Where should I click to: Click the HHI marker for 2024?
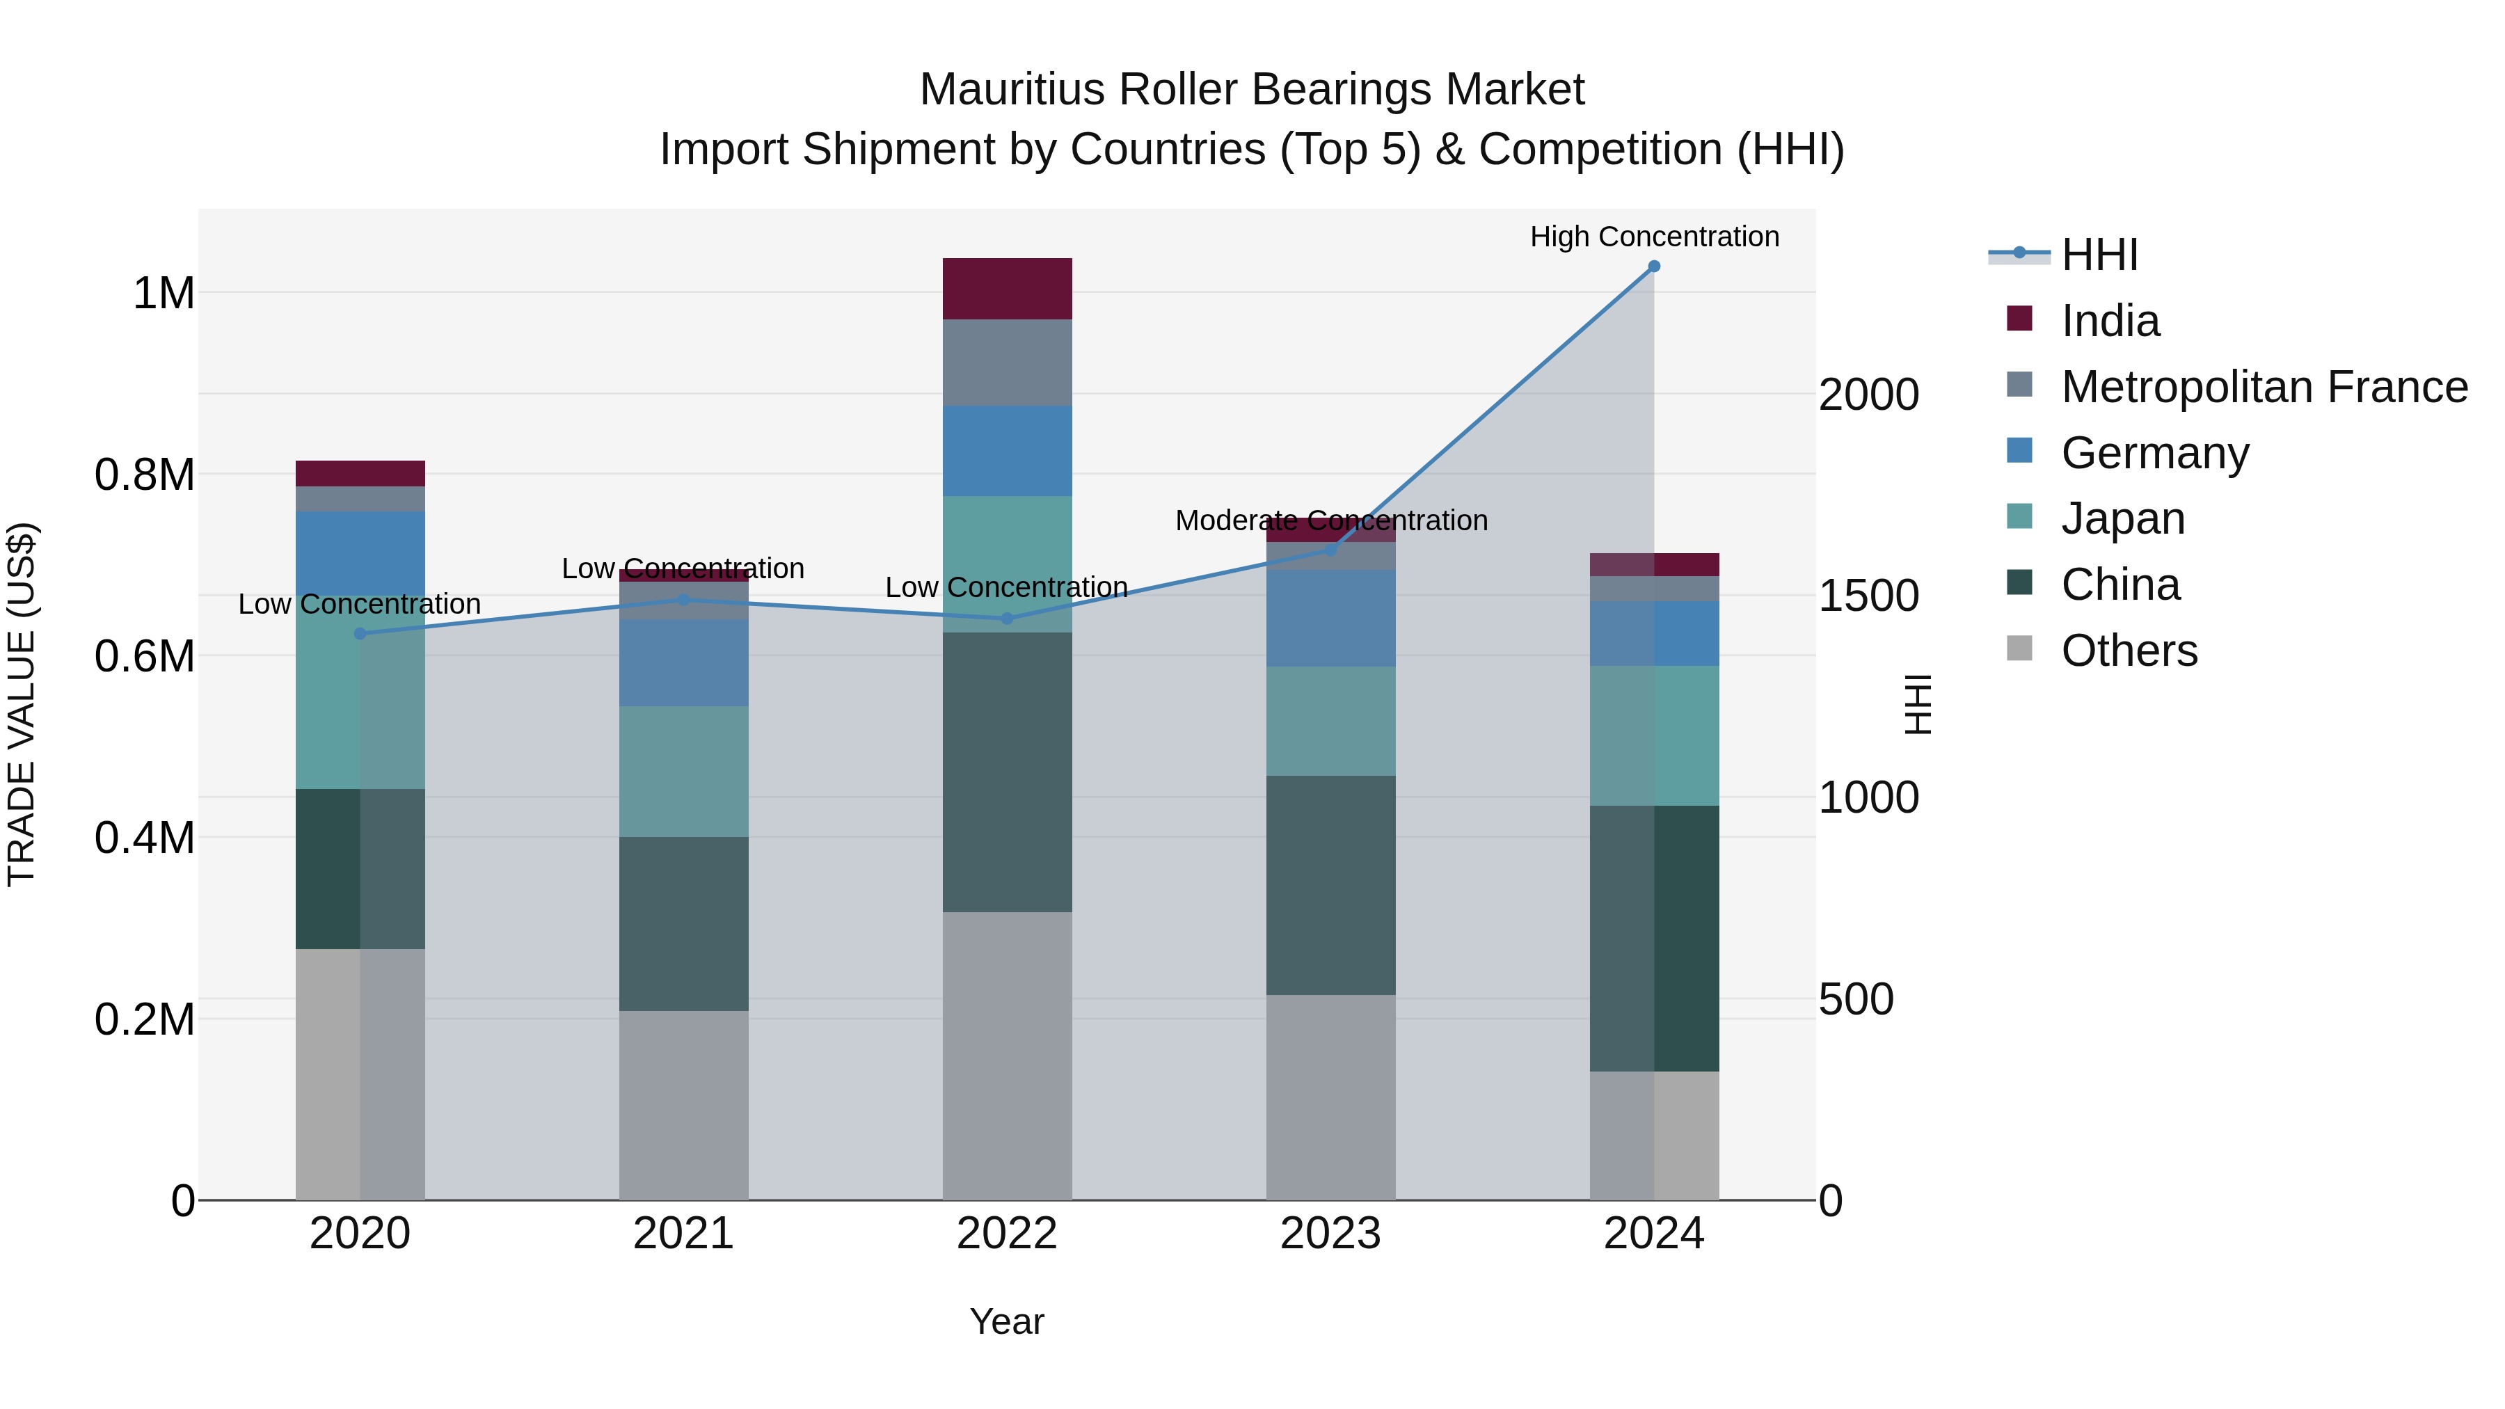(1653, 266)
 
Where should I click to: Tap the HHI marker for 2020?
(360, 633)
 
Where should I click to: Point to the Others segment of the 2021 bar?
(683, 1105)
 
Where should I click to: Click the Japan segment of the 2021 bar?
(683, 771)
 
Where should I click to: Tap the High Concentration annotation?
(1653, 237)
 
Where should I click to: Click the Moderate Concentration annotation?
(1330, 520)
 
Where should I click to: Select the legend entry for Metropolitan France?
(2264, 387)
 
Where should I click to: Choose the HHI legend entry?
(2099, 255)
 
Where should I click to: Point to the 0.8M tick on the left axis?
(144, 475)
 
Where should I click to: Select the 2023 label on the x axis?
(1330, 1234)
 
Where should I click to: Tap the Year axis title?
(1006, 1321)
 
